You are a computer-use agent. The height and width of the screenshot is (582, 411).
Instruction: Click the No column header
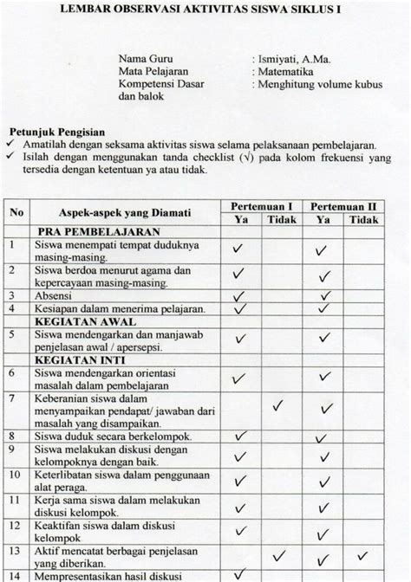(17, 212)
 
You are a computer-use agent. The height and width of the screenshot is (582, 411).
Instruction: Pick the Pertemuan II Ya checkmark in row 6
(322, 379)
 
